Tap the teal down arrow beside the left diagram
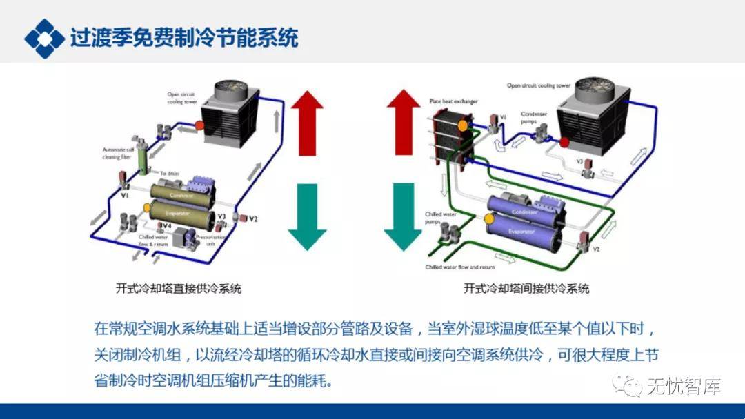pyautogui.click(x=306, y=215)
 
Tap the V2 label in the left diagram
pyautogui.click(x=253, y=219)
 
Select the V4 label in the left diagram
pyautogui.click(x=168, y=225)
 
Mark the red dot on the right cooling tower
pyautogui.click(x=564, y=143)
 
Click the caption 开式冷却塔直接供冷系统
pyautogui.click(x=180, y=288)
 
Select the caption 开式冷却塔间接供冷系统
pyautogui.click(x=527, y=288)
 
